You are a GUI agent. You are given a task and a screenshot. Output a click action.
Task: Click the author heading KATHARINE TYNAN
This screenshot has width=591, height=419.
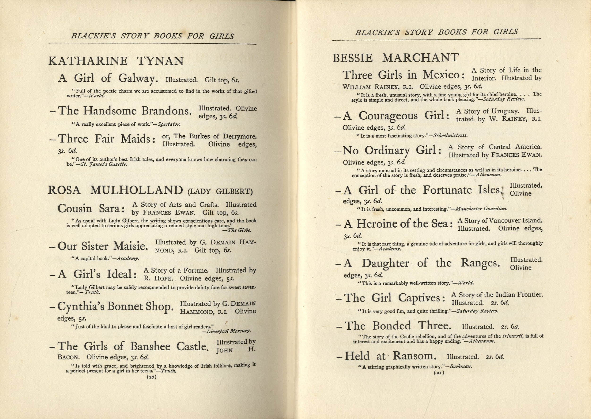tap(116, 61)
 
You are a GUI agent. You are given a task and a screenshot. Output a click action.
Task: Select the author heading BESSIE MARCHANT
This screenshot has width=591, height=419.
tap(396, 58)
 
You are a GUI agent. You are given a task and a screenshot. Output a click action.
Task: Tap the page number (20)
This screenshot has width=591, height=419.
tap(152, 377)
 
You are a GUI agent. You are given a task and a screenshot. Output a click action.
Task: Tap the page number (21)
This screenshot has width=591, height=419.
tap(439, 372)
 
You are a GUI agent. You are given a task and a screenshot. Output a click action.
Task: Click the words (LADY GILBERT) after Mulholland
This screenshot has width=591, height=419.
tap(220, 191)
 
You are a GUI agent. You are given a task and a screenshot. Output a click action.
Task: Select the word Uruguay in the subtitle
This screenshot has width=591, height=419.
tap(505, 111)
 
